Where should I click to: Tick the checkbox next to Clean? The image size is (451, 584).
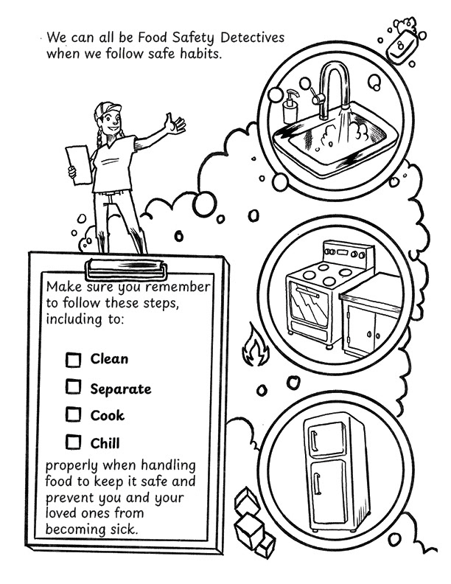(73, 360)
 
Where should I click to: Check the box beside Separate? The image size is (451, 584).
(73, 386)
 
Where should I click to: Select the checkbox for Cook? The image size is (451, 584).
(73, 414)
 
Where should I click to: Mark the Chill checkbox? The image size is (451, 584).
(73, 442)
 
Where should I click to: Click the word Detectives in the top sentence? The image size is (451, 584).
(253, 38)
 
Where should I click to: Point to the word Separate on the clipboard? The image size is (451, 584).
(121, 389)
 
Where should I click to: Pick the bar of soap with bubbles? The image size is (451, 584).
(402, 42)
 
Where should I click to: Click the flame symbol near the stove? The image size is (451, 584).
(254, 347)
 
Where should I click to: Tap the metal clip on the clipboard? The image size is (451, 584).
(126, 269)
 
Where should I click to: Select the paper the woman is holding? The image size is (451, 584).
(79, 164)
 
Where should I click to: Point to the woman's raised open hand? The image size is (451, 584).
(175, 124)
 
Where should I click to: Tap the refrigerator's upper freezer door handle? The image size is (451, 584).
(314, 442)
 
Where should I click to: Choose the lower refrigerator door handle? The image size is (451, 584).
(317, 483)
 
